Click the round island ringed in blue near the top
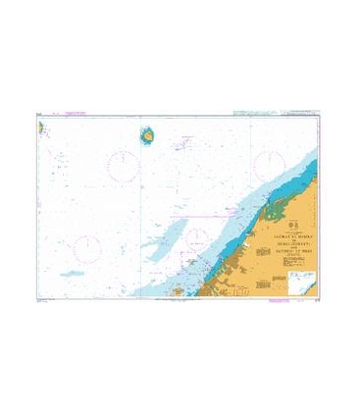(147, 136)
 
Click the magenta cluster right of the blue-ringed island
(182, 144)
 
